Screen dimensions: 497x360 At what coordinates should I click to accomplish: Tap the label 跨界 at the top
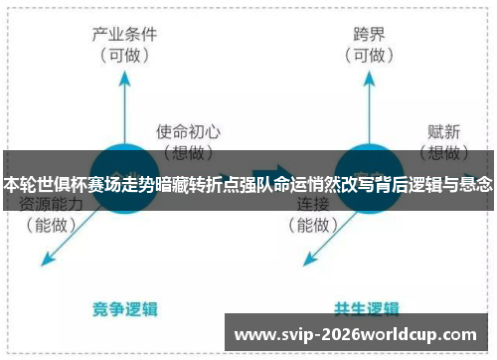pos(370,34)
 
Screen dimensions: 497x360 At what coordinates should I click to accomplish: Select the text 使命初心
pos(188,130)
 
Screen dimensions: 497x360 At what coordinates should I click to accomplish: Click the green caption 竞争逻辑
pos(126,307)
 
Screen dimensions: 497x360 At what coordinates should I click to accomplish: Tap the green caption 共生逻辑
pos(368,307)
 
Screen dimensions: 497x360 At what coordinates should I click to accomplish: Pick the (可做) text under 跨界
pos(370,55)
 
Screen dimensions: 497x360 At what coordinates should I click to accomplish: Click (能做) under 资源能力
pos(51,225)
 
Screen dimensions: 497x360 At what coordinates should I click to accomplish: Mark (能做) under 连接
pos(315,225)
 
